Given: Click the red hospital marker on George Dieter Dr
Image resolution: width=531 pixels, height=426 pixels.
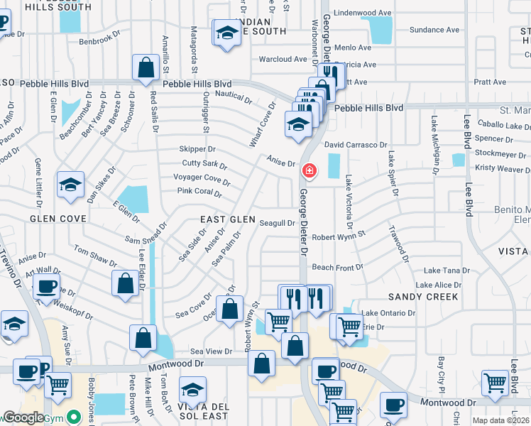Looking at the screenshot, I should [309, 170].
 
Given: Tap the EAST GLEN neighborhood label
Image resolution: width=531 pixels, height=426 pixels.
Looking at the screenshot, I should [227, 220].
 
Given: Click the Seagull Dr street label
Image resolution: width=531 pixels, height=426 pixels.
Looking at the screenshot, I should [277, 223].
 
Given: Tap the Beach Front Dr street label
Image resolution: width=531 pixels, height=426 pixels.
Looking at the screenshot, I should [337, 268].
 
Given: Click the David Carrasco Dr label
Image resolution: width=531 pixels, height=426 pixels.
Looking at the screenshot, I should [354, 145].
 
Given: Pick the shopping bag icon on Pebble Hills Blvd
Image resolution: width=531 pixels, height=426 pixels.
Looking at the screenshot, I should [146, 68].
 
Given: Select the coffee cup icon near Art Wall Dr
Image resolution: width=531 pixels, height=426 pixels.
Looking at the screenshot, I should [47, 288].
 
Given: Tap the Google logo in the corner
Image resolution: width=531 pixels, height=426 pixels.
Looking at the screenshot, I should [23, 417].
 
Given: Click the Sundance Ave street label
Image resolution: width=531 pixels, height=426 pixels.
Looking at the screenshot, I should [435, 31].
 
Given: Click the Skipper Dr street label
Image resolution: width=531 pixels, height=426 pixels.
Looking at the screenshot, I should [197, 149].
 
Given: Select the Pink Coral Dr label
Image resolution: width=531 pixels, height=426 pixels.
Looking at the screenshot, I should [199, 192].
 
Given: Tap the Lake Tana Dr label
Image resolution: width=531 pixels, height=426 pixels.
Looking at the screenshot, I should [447, 271].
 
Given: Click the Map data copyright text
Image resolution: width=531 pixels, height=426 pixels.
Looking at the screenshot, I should [498, 420].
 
